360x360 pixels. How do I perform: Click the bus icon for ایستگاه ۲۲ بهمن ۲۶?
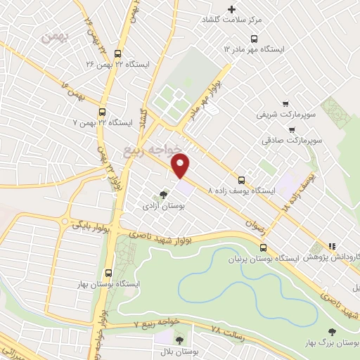pyautogui.click(x=117, y=54)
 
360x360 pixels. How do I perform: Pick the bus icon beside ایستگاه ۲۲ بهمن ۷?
pyautogui.click(x=103, y=112)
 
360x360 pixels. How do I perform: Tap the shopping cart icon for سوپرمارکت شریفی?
pyautogui.click(x=285, y=102)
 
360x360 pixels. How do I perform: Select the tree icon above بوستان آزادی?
pyautogui.click(x=164, y=194)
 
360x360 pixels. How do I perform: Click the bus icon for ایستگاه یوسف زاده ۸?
pyautogui.click(x=242, y=179)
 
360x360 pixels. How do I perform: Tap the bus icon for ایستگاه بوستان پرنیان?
pyautogui.click(x=264, y=247)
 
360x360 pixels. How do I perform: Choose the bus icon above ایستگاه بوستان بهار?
pyautogui.click(x=108, y=272)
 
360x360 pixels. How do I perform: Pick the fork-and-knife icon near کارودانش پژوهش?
pyautogui.click(x=331, y=247)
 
